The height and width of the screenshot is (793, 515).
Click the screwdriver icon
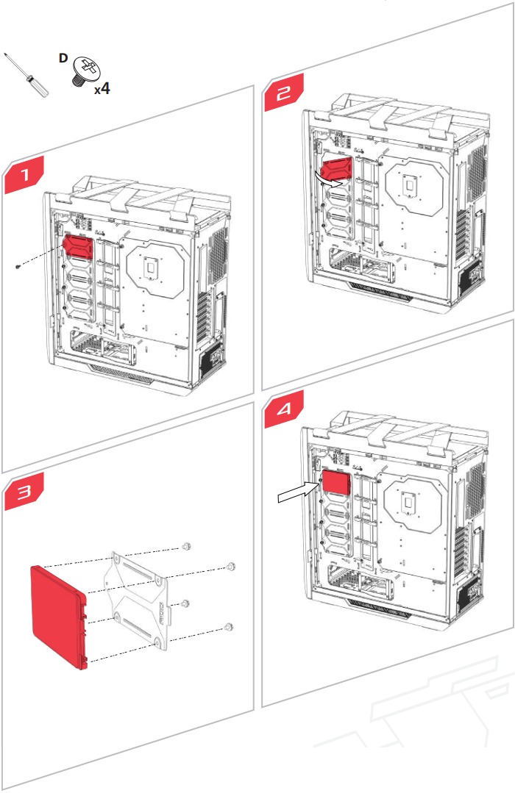coord(28,76)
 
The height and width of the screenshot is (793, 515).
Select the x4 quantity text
coord(102,89)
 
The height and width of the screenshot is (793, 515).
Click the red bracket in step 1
coord(77,245)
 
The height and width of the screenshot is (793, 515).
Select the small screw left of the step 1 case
coord(18,266)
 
